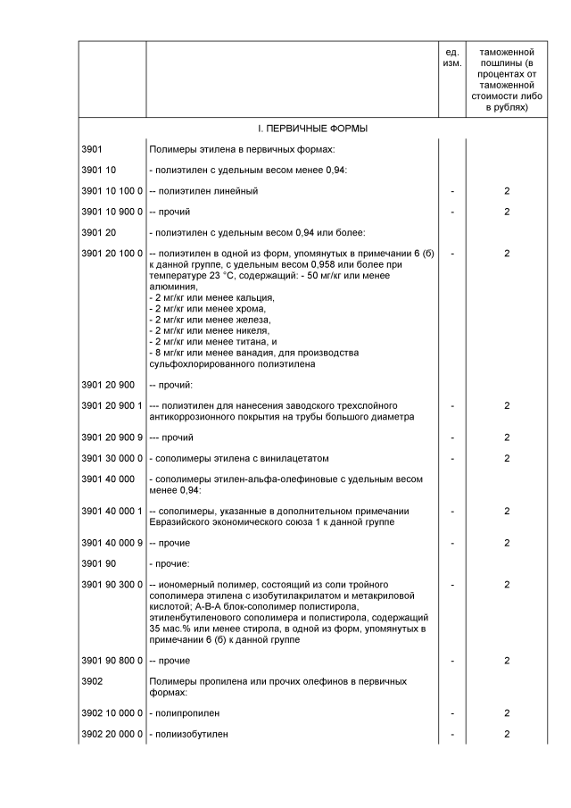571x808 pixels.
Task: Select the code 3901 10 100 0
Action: coord(112,191)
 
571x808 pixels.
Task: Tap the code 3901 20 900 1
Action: coord(112,405)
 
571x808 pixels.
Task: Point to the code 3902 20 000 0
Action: coord(112,734)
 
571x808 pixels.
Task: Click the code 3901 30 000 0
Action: coord(112,458)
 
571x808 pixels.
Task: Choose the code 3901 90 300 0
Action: coord(112,584)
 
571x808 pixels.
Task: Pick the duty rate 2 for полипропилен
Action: coord(506,713)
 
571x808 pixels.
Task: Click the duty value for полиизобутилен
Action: coord(506,734)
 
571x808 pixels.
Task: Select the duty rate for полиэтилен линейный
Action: coord(506,191)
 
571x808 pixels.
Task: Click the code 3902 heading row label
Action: coord(94,681)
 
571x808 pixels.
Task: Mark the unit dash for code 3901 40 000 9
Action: coord(452,543)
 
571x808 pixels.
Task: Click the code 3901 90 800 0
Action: coord(112,661)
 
